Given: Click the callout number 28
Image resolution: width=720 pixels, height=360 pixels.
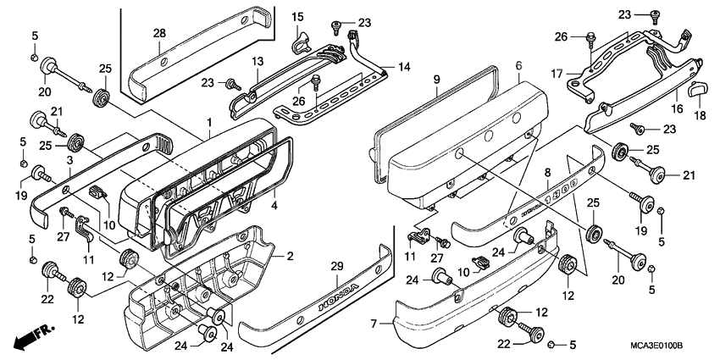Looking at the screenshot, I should point(158,33).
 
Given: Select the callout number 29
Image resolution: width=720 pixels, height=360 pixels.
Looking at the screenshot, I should point(336,267).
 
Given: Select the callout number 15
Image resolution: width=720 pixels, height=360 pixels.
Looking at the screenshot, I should point(298,17).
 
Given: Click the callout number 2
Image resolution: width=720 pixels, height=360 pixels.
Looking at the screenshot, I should point(288,257).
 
